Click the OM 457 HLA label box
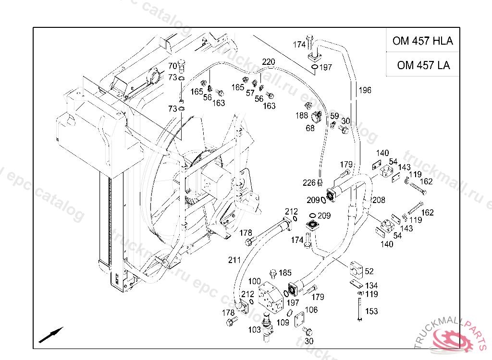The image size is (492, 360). (422, 41)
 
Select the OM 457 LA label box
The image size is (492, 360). (423, 65)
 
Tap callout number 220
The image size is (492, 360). (269, 62)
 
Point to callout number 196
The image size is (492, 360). (365, 90)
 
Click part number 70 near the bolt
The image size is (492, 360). (172, 66)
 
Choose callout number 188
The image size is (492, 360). (302, 116)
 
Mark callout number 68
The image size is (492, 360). (310, 128)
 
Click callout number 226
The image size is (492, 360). (309, 182)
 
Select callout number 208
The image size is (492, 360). (379, 200)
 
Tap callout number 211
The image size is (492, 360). (234, 260)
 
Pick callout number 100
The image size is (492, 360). (255, 281)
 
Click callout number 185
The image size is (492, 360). (285, 273)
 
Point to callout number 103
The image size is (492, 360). (255, 330)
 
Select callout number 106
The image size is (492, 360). (311, 310)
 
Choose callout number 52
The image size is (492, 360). (369, 272)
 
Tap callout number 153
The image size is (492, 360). (371, 311)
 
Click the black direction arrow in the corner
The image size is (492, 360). (51, 334)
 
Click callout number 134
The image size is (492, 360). (371, 286)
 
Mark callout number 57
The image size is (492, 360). (250, 93)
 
